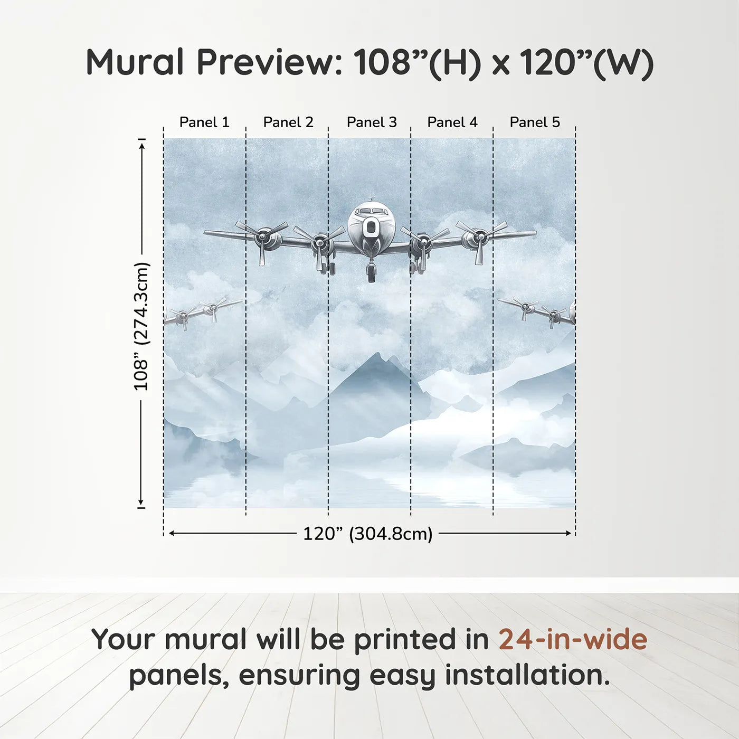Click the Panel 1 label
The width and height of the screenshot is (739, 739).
204,122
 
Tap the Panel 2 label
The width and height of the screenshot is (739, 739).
288,122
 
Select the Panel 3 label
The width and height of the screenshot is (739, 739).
372,122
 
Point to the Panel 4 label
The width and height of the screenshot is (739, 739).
452,122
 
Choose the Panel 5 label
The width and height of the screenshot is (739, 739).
535,122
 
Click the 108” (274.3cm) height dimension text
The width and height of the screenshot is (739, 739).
141,327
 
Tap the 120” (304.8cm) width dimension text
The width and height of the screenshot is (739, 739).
367,534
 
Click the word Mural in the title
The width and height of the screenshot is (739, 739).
135,62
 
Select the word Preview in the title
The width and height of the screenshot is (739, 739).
269,62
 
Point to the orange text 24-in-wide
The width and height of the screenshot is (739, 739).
573,639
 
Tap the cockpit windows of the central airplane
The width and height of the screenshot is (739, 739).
371,211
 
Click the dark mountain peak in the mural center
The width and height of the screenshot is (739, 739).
375,359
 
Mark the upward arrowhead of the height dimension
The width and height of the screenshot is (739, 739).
141,145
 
